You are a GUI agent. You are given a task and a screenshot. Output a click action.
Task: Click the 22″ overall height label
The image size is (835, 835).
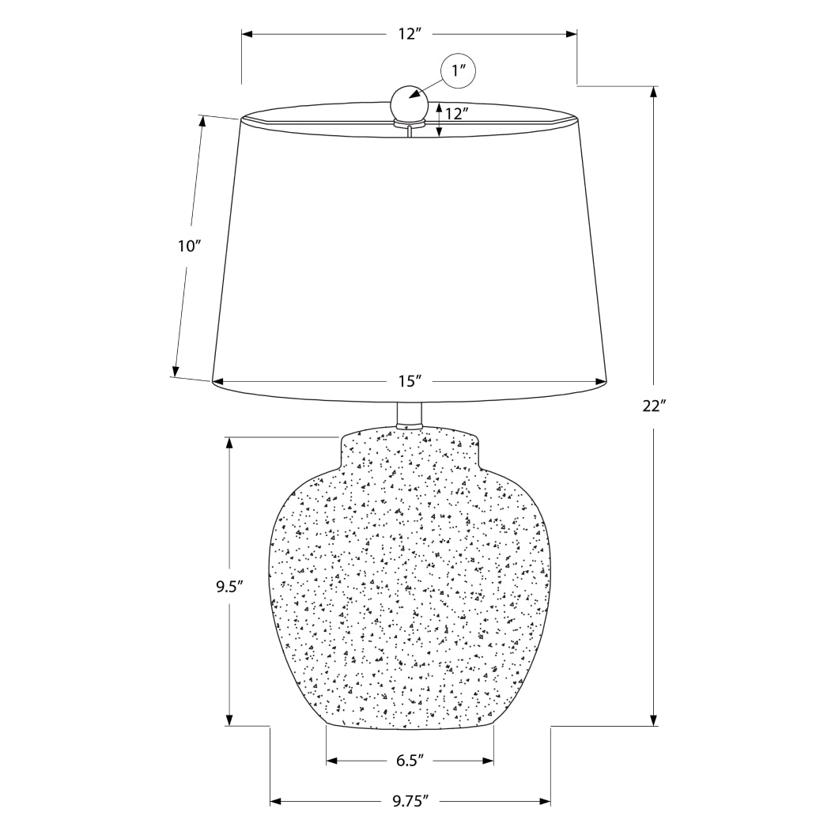click(x=654, y=406)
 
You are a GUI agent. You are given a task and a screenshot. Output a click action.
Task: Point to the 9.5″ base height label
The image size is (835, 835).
click(x=229, y=587)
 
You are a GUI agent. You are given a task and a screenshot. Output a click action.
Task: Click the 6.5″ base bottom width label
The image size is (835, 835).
click(x=410, y=761)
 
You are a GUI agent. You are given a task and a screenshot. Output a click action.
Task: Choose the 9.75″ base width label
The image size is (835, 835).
click(x=410, y=802)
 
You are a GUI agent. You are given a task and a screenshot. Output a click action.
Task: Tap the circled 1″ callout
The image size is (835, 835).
click(x=459, y=73)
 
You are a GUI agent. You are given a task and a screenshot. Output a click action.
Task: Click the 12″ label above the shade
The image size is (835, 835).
click(x=410, y=34)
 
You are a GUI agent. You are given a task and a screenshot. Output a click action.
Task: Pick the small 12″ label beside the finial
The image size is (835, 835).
click(x=453, y=113)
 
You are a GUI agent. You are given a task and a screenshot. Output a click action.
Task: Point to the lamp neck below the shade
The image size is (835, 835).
click(x=409, y=415)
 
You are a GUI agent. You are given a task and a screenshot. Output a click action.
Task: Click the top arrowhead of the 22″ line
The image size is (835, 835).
click(x=654, y=91)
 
